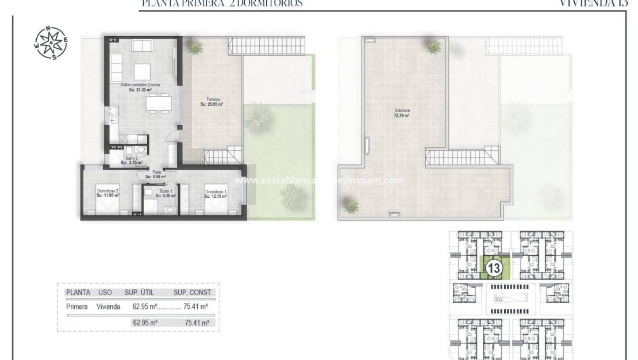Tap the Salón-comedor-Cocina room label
(x=140, y=87)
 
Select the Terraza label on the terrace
(x=212, y=102)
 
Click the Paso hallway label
(x=156, y=174)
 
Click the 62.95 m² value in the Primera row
(x=144, y=307)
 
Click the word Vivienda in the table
(x=109, y=307)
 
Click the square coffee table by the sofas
(x=143, y=71)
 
